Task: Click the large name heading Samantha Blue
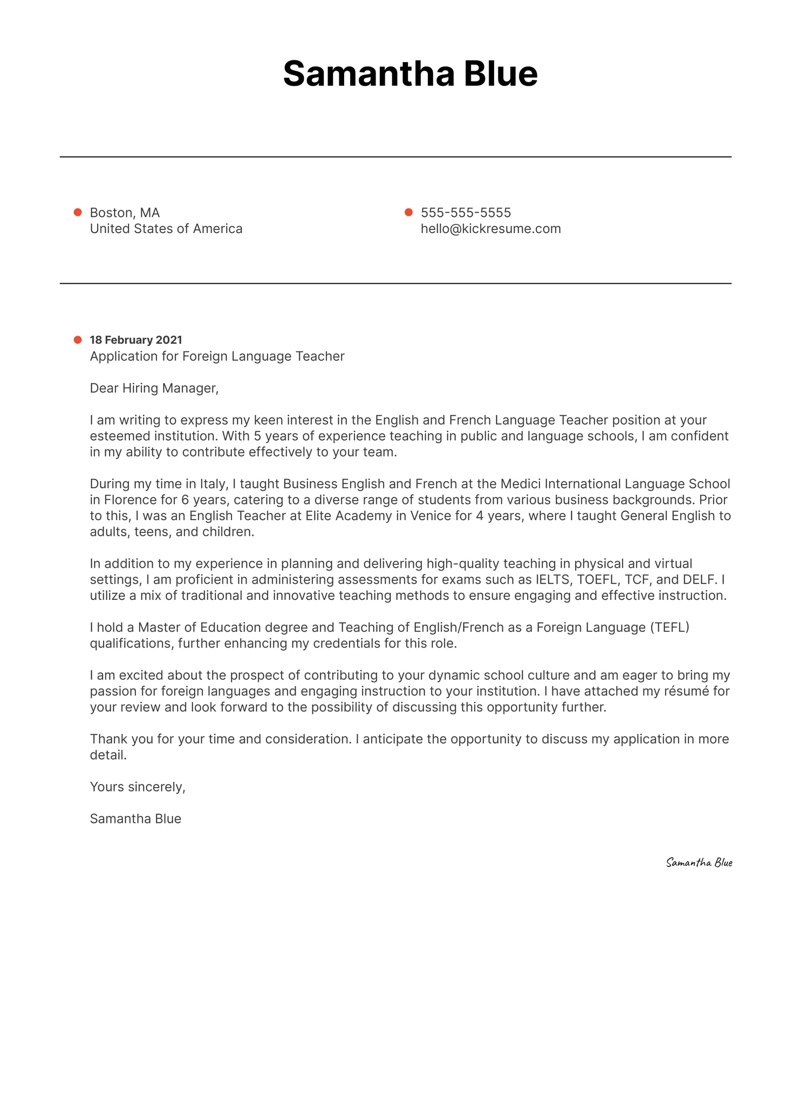(410, 73)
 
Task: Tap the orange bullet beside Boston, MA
(78, 212)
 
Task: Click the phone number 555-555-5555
(466, 213)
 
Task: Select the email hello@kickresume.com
(490, 229)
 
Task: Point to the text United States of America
(166, 229)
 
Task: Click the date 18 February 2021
(136, 340)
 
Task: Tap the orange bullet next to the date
(78, 340)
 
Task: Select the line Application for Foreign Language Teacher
(217, 356)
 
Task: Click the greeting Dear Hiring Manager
(154, 388)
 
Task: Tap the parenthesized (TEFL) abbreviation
(670, 627)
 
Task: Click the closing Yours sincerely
(138, 787)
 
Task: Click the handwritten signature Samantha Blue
(699, 863)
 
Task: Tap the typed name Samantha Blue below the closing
(135, 818)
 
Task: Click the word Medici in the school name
(521, 484)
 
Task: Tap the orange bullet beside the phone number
(408, 212)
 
